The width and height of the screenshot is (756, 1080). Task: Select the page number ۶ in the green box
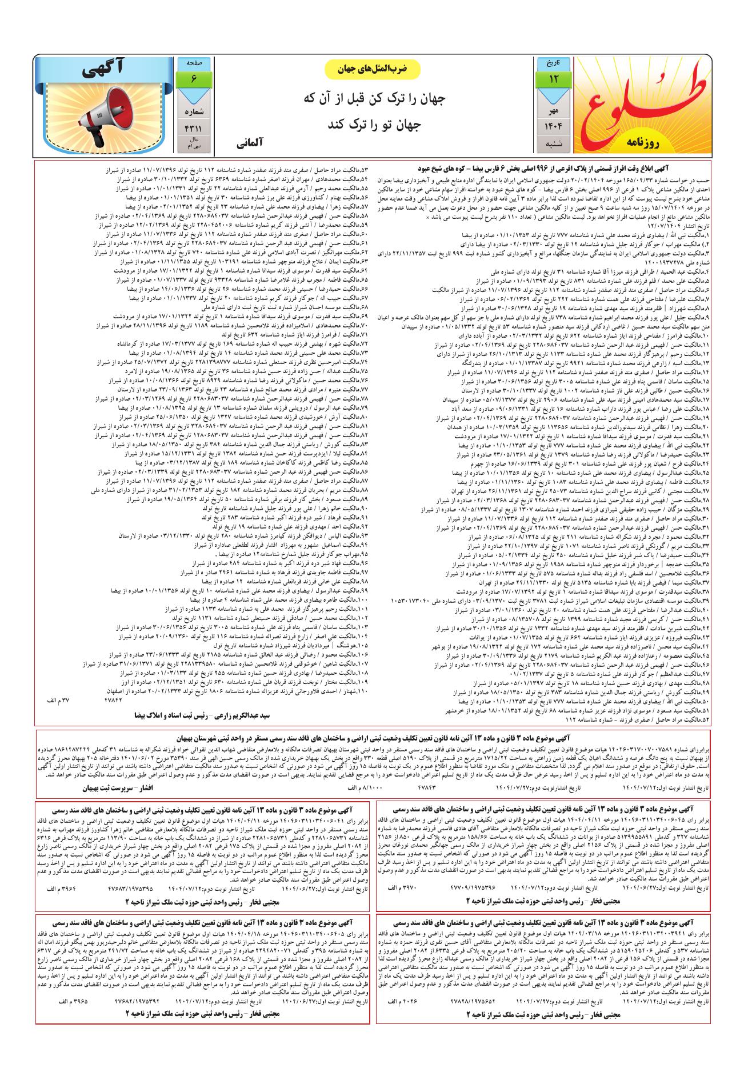click(x=193, y=78)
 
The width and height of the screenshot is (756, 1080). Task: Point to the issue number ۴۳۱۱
click(x=193, y=129)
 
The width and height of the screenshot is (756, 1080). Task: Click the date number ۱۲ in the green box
click(x=553, y=78)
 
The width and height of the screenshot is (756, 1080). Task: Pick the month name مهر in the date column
click(x=553, y=107)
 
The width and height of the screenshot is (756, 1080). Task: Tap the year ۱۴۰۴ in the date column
click(x=553, y=125)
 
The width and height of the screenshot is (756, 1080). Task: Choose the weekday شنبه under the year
click(x=553, y=144)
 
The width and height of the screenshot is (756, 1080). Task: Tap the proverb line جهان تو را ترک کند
click(x=373, y=123)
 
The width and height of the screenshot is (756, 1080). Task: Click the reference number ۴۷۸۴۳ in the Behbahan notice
click(x=434, y=787)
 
